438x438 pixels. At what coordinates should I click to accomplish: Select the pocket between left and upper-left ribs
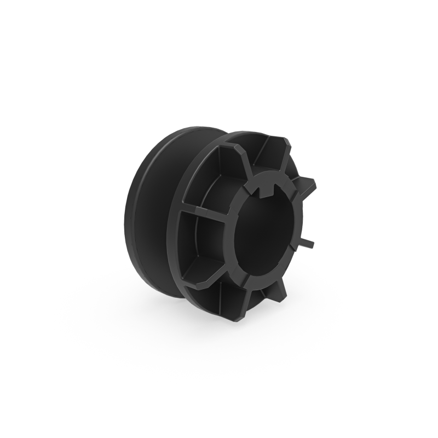[x=211, y=181]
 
